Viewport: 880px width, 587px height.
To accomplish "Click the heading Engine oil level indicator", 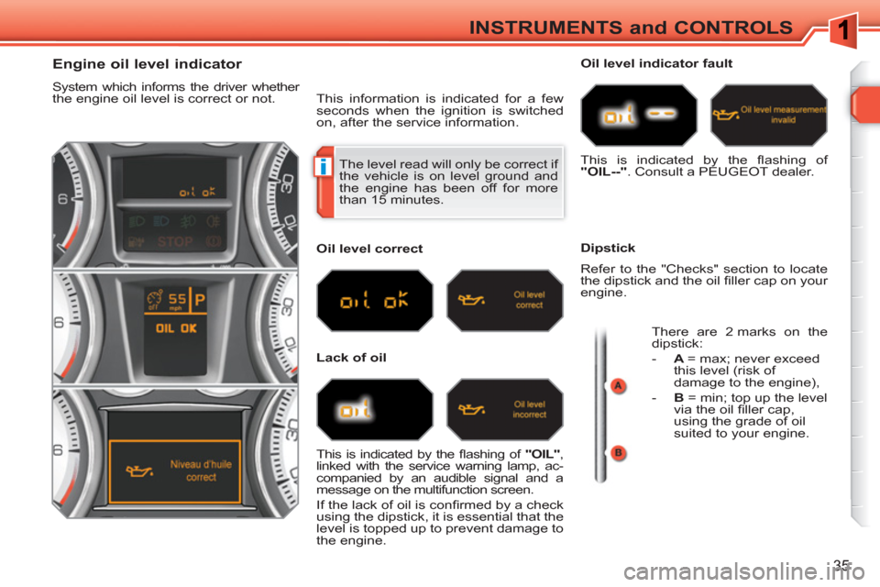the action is click(147, 64).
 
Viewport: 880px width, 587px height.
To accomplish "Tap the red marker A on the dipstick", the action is click(618, 386).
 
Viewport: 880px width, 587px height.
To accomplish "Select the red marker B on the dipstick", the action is click(618, 453).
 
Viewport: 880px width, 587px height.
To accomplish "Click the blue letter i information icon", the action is click(324, 167).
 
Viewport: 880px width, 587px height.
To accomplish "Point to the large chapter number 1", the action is click(841, 29).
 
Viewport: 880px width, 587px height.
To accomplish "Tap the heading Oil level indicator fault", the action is click(656, 63).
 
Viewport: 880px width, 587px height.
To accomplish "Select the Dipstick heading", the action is click(608, 248).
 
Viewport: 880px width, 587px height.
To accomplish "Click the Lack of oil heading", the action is click(351, 358).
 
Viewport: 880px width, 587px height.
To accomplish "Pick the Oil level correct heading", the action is click(369, 249).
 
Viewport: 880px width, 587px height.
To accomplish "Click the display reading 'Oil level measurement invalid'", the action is click(783, 115).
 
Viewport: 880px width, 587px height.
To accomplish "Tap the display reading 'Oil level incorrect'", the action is click(529, 409).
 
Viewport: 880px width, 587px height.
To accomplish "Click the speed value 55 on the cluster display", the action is click(177, 298).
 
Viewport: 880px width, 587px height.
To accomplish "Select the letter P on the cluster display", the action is click(199, 300).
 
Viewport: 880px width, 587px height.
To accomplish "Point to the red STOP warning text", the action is click(175, 242).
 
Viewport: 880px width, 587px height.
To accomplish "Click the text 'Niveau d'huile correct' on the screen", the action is click(201, 471).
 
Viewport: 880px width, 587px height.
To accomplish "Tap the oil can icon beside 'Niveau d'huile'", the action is click(138, 471).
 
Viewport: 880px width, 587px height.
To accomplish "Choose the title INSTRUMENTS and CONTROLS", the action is click(631, 28).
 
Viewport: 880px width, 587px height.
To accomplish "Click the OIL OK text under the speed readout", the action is click(176, 328).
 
